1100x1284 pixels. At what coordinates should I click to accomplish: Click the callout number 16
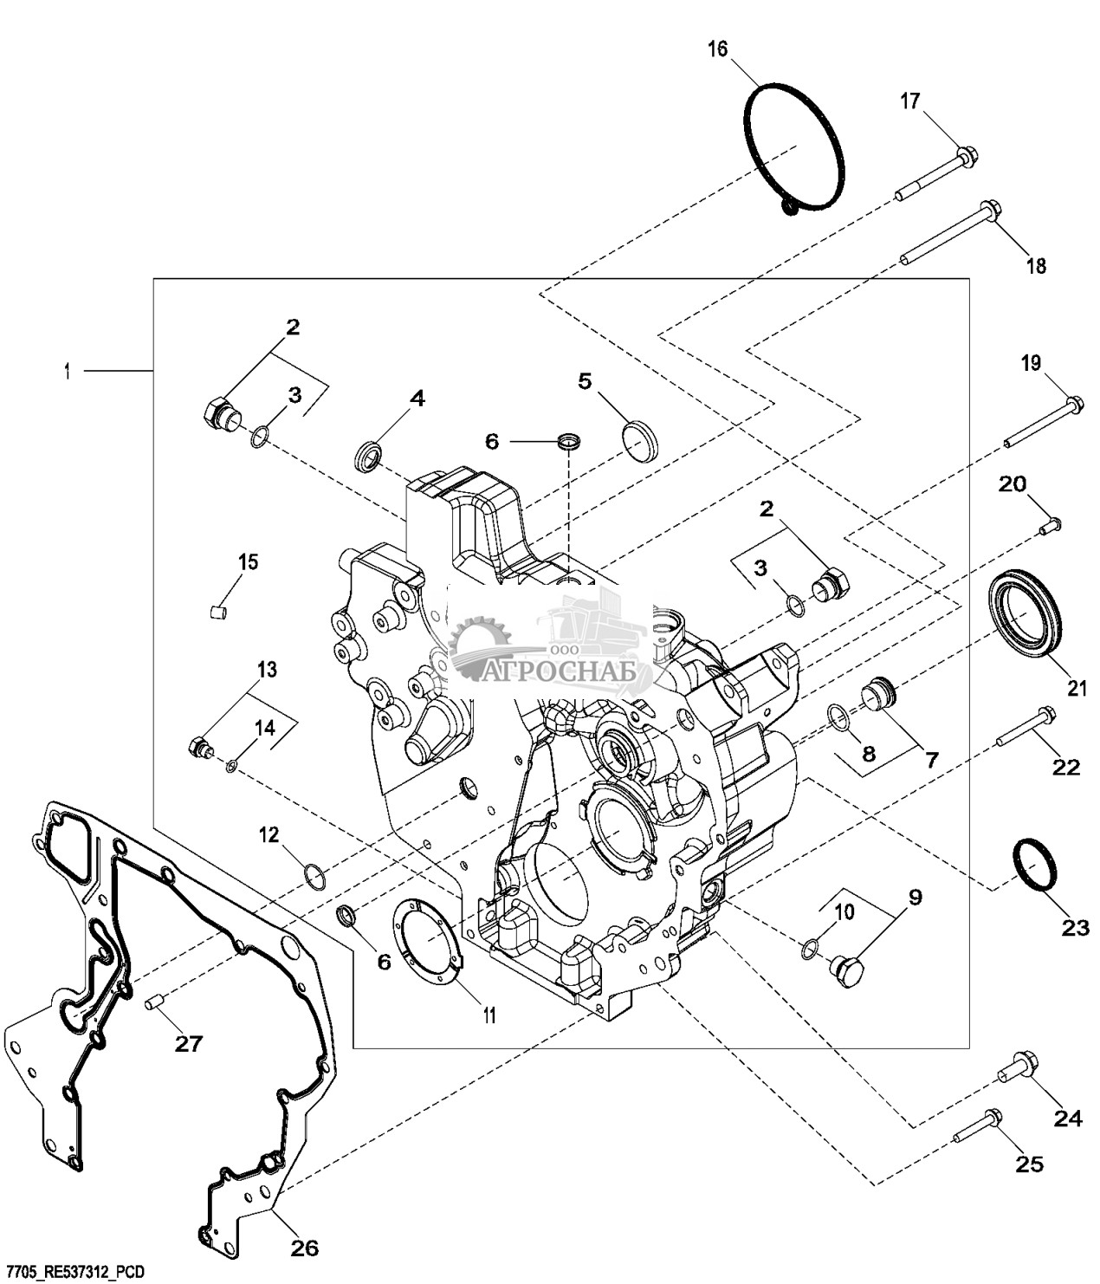point(717,49)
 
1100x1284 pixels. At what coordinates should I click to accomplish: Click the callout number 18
point(1037,266)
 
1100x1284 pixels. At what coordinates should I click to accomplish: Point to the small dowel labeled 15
point(217,613)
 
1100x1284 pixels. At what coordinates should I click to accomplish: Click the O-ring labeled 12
point(315,876)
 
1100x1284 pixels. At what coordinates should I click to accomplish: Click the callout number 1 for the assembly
point(67,372)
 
